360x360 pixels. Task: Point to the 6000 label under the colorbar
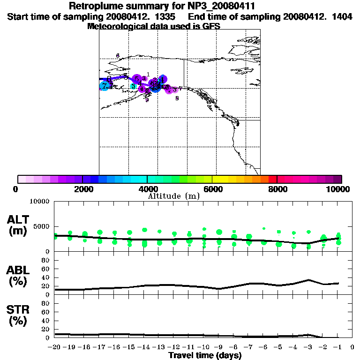[212, 189]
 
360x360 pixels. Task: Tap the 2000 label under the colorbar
[82, 189]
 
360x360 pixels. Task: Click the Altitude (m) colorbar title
[173, 196]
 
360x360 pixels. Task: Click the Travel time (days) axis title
[205, 355]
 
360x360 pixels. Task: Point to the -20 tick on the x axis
[55, 347]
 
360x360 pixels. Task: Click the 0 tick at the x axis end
[353, 347]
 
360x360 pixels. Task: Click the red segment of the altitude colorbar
[273, 179]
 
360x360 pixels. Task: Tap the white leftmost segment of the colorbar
[22, 179]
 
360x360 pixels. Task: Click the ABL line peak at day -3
[308, 280]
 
